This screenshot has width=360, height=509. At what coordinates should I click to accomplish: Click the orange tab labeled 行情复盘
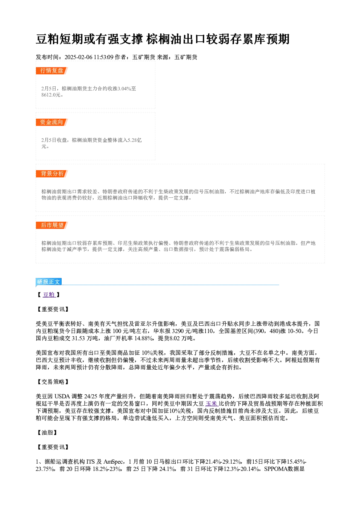click(x=52, y=71)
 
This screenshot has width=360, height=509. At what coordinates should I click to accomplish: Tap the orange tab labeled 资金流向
click(x=52, y=122)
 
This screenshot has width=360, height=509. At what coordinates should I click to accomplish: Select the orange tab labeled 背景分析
click(x=52, y=174)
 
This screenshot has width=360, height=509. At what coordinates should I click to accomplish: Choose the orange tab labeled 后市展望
click(x=52, y=225)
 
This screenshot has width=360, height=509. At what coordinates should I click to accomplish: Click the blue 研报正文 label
click(x=49, y=282)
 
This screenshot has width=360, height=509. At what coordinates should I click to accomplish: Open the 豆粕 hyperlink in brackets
click(x=49, y=295)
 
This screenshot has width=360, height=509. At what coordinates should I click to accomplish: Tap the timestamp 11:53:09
click(x=103, y=57)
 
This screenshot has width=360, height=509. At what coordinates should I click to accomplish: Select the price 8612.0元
click(x=51, y=95)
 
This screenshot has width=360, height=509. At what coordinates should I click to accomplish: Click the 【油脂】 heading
click(x=46, y=433)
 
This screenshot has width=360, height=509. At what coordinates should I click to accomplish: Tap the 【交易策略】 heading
click(x=53, y=382)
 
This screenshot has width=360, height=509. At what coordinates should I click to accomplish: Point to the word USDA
click(x=62, y=396)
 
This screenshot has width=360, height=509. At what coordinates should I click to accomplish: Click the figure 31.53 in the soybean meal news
click(x=78, y=338)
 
